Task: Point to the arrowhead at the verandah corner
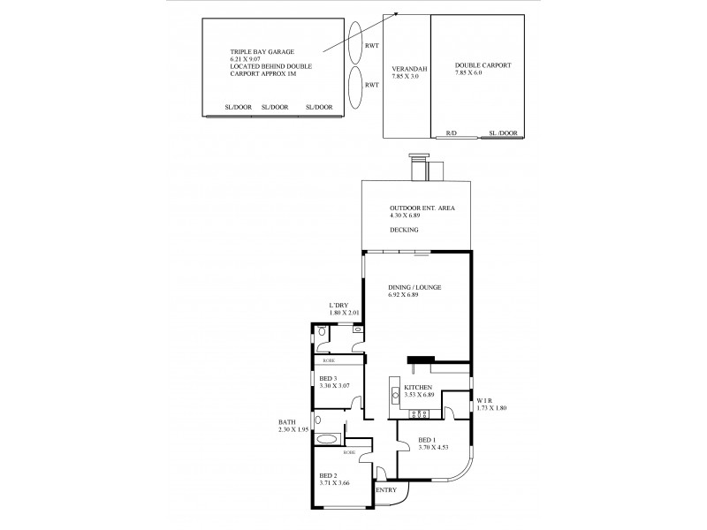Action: coord(394,14)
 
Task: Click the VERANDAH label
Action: coord(405,67)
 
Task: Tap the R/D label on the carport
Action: coord(451,133)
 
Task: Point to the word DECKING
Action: coord(403,230)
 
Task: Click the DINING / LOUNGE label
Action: coord(414,288)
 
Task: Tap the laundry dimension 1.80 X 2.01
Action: coord(345,313)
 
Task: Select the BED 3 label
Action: coord(329,377)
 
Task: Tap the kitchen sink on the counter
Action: coord(396,397)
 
